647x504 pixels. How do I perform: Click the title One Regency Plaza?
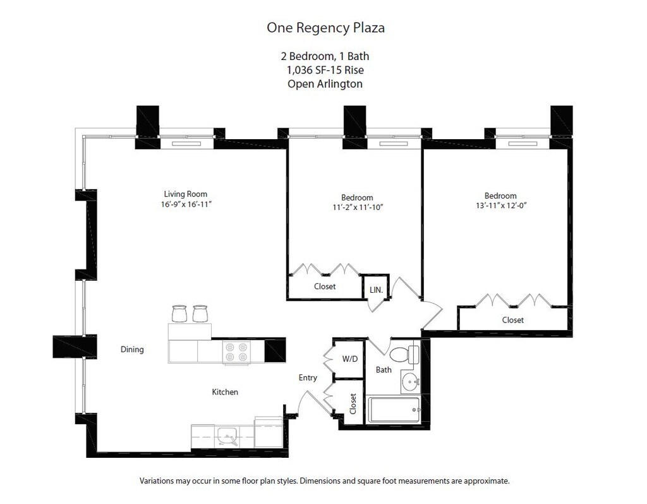[325, 28]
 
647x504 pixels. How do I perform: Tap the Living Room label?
[185, 194]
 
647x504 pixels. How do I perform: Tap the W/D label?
[349, 359]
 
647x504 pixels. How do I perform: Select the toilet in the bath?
[403, 354]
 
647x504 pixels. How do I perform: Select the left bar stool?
[179, 314]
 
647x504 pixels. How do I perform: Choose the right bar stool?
[200, 314]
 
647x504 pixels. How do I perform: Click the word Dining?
[132, 349]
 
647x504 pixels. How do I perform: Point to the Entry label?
[308, 378]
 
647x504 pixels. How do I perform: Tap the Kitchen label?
[225, 392]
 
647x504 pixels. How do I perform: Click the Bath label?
[384, 370]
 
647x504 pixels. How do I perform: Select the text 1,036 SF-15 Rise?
[325, 70]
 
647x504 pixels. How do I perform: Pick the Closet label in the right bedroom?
[512, 320]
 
